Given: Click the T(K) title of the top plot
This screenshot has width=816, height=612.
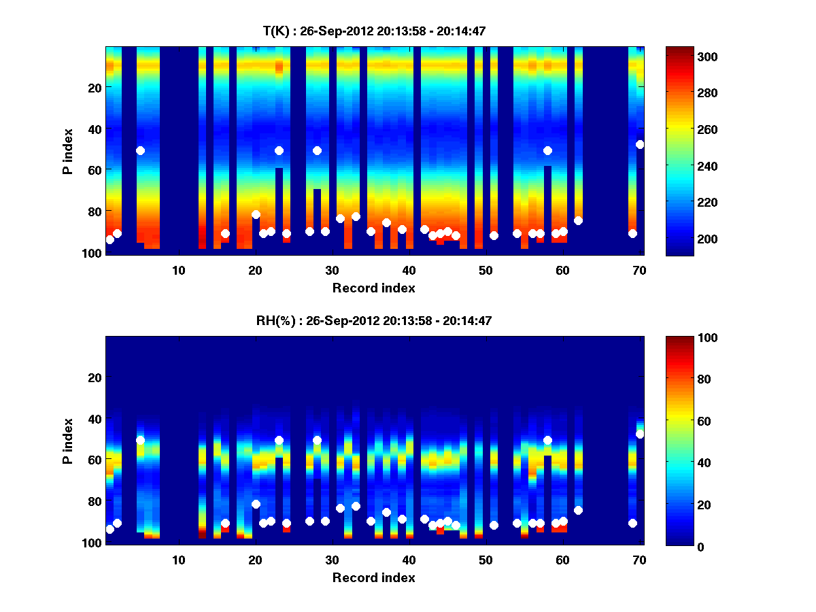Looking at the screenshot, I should [374, 31].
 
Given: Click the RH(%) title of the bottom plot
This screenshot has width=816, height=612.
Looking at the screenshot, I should [374, 321].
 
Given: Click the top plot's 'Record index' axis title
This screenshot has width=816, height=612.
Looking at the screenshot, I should [374, 288].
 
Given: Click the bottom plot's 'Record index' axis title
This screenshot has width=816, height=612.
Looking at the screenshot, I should [374, 577].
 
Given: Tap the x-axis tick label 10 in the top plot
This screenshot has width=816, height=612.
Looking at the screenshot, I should [179, 271].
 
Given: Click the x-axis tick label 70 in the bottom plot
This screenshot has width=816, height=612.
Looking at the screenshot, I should [639, 560].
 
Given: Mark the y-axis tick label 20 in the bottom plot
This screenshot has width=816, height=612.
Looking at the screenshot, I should [95, 377].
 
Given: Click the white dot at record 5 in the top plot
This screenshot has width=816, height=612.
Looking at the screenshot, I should [140, 150].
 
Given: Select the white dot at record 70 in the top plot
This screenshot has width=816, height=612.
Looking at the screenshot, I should [640, 144].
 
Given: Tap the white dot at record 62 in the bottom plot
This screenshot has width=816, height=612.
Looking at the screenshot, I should [578, 510].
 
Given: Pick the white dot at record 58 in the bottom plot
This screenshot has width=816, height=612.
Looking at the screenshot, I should [547, 440].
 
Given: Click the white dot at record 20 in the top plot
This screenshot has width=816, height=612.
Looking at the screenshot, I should [256, 214].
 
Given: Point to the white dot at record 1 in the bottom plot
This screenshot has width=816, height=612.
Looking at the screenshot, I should [109, 529].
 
